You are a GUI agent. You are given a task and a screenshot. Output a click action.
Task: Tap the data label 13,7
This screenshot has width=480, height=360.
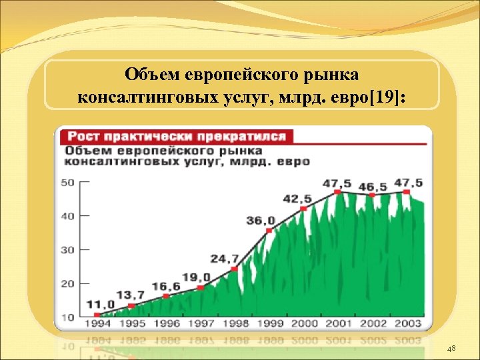[131, 294]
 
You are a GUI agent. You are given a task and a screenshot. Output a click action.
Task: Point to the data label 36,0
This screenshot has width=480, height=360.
[261, 220]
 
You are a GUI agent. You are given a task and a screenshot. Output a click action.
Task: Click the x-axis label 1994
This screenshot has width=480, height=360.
[97, 325]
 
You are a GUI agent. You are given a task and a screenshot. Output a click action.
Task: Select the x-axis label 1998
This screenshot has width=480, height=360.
[235, 325]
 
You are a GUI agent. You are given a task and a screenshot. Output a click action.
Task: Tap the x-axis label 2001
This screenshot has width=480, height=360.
[338, 325]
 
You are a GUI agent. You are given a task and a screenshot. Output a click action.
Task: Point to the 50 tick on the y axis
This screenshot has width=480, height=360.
[67, 182]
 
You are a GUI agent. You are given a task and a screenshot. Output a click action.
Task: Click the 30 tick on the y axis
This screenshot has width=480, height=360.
[67, 249]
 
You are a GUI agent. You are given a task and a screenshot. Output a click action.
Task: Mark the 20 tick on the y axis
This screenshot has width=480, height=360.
[67, 283]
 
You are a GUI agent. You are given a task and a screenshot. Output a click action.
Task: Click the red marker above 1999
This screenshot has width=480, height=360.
[269, 231]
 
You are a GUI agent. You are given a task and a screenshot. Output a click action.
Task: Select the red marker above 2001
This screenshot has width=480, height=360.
[338, 192]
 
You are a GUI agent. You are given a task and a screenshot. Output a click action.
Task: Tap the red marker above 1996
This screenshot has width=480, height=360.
[166, 296]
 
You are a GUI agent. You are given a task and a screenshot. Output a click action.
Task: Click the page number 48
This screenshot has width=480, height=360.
[451, 349]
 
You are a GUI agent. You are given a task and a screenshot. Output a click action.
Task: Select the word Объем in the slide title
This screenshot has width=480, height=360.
[153, 73]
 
